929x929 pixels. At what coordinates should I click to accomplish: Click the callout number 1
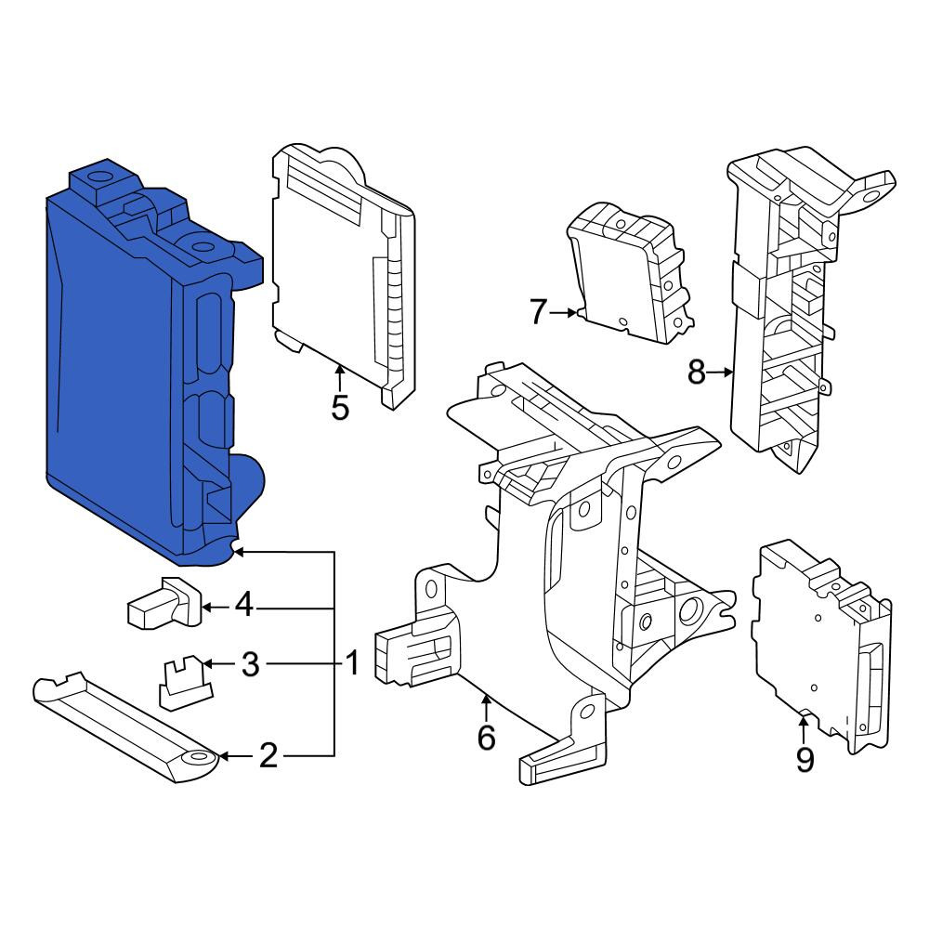tap(352, 663)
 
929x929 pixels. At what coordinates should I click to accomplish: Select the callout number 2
tap(268, 756)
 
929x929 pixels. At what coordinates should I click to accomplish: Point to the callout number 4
tap(244, 606)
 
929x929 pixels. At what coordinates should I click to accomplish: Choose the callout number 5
tap(339, 407)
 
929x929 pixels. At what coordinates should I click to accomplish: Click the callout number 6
tap(486, 738)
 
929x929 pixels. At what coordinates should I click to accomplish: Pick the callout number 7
tap(537, 312)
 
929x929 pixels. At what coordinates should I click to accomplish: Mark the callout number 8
tap(696, 373)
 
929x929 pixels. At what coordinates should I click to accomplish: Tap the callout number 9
tap(804, 760)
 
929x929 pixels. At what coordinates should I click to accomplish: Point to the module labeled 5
tap(343, 272)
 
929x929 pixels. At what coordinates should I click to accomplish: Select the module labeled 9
tap(823, 646)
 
